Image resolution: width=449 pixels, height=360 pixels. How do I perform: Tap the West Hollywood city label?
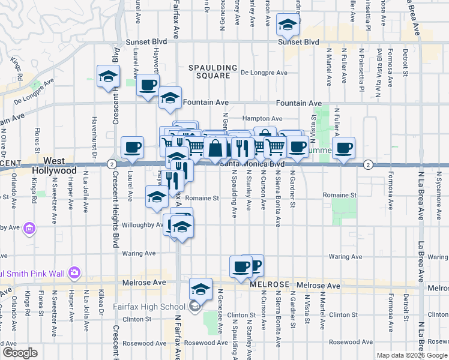tap(54, 166)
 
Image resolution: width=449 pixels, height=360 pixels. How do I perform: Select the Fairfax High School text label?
tap(149, 307)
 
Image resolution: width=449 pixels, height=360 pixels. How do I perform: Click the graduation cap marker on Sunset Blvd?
tap(288, 26)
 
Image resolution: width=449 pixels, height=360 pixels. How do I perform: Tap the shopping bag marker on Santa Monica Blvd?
tap(215, 148)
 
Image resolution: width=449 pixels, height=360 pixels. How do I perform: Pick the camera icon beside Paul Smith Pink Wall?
tap(74, 272)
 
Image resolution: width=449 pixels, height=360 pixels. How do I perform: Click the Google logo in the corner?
tap(20, 353)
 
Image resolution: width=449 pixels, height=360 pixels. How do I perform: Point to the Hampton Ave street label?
tap(262, 119)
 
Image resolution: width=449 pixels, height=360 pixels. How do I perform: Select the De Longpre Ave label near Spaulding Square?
tap(264, 73)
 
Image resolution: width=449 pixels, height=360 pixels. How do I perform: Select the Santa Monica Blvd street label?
tap(252, 164)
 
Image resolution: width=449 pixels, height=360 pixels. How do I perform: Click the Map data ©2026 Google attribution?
tap(412, 355)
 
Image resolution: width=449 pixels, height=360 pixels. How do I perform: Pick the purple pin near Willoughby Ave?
tap(29, 228)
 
